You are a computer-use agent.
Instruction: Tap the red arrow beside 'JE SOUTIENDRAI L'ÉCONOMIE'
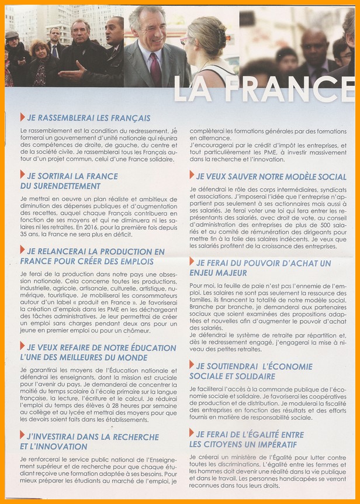click(x=192, y=365)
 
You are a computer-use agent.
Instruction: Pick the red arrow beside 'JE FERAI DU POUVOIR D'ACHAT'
click(x=192, y=263)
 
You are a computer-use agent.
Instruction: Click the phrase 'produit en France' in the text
click(x=87, y=312)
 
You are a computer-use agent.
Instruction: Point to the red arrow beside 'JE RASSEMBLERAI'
click(x=22, y=117)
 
